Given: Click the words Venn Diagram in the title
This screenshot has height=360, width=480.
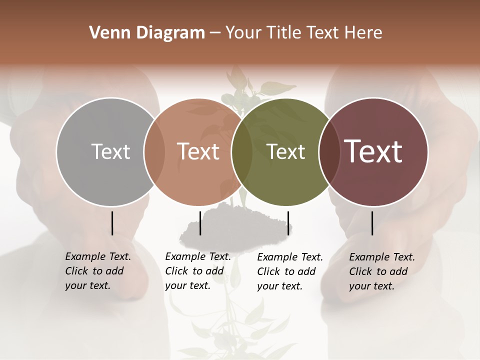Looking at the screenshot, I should click(147, 33).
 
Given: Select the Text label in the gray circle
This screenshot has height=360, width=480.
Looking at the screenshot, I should click(110, 151).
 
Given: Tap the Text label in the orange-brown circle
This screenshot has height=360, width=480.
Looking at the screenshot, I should click(198, 151).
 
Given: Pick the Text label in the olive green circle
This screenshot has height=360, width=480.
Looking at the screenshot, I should click(285, 151).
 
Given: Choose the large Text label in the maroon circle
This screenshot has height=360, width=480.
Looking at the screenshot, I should click(373, 151).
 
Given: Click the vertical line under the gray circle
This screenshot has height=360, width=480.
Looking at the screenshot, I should click(112, 223).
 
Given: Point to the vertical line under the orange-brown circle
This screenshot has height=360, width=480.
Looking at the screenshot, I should click(200, 223).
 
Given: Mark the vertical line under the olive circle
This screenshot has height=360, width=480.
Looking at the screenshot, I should click(288, 223).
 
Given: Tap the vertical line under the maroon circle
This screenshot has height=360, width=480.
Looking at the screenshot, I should click(372, 223).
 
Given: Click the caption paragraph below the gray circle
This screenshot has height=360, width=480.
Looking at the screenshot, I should click(97, 271).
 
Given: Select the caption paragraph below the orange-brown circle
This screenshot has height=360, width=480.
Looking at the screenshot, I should click(197, 271).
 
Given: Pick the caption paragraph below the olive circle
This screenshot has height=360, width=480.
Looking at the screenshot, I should click(289, 271).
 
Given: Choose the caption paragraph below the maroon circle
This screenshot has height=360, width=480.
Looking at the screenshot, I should click(381, 271).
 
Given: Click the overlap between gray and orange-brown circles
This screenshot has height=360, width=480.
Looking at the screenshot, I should click(154, 152).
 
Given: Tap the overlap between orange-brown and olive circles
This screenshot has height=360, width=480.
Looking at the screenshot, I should click(242, 152).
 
